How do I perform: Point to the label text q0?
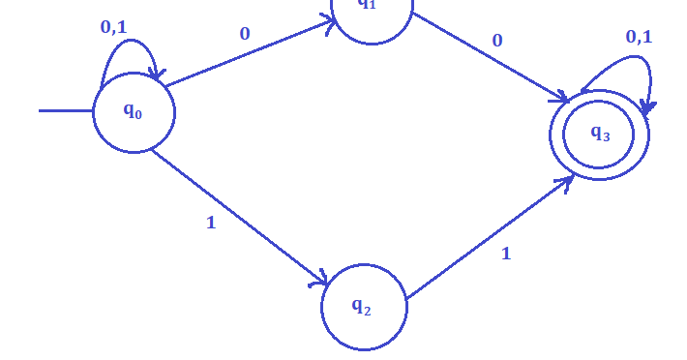click(x=133, y=110)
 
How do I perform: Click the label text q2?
click(x=361, y=306)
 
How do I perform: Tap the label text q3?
click(x=600, y=134)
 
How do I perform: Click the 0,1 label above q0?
click(x=113, y=27)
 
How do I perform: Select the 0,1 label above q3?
click(x=639, y=37)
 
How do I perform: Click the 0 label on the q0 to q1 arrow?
click(x=245, y=34)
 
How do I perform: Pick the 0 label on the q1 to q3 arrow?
click(x=497, y=41)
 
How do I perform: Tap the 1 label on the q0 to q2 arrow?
click(x=211, y=223)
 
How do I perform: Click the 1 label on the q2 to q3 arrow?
click(x=505, y=254)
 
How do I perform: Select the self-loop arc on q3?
click(x=619, y=61)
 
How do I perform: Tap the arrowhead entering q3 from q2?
click(x=567, y=181)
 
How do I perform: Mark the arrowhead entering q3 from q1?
click(x=560, y=98)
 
